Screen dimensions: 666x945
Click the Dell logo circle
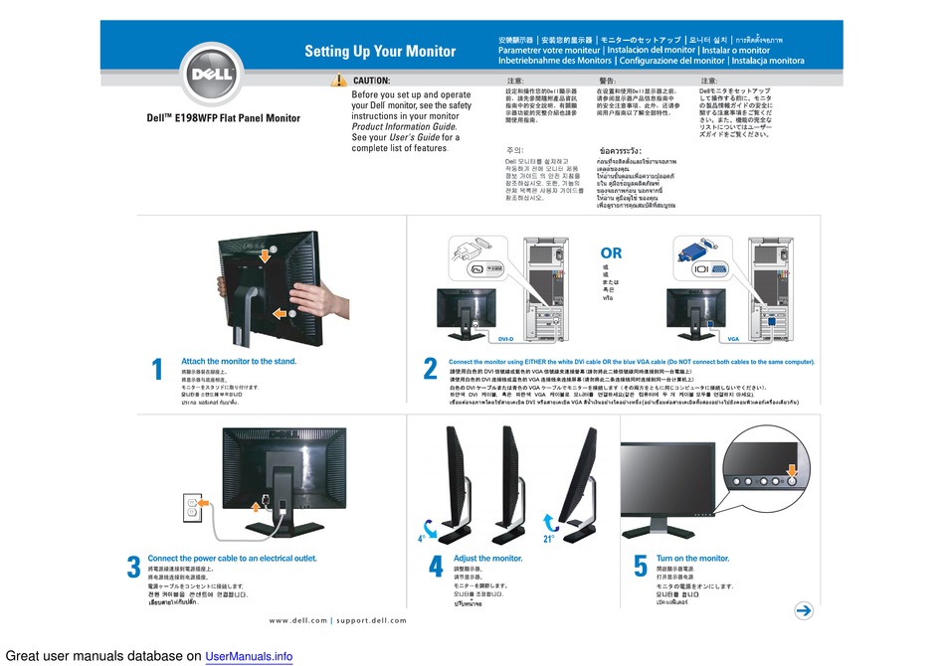point(212,75)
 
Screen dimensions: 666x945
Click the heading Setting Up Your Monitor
point(379,52)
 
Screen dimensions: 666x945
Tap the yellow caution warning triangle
point(340,80)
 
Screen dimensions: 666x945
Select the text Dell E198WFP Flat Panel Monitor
point(223,118)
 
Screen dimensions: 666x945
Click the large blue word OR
point(611,253)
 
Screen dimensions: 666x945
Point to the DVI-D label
point(505,339)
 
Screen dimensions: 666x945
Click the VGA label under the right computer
point(734,339)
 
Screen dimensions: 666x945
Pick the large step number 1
point(157,370)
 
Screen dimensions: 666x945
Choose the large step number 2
point(430,370)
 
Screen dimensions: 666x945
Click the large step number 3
point(133,568)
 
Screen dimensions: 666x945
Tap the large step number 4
point(436,568)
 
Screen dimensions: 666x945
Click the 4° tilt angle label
point(422,538)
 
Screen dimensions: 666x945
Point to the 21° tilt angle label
point(548,538)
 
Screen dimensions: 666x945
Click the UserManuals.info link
point(249,656)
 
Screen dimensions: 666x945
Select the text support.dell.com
point(371,620)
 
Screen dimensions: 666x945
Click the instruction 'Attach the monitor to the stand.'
point(238,361)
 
